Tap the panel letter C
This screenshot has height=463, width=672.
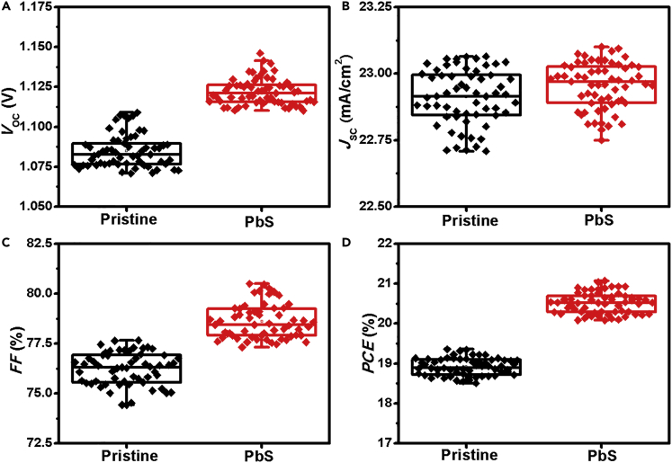click(x=5, y=241)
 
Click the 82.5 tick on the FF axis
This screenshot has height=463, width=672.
click(x=43, y=243)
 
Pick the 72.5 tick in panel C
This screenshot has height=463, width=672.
click(x=43, y=442)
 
